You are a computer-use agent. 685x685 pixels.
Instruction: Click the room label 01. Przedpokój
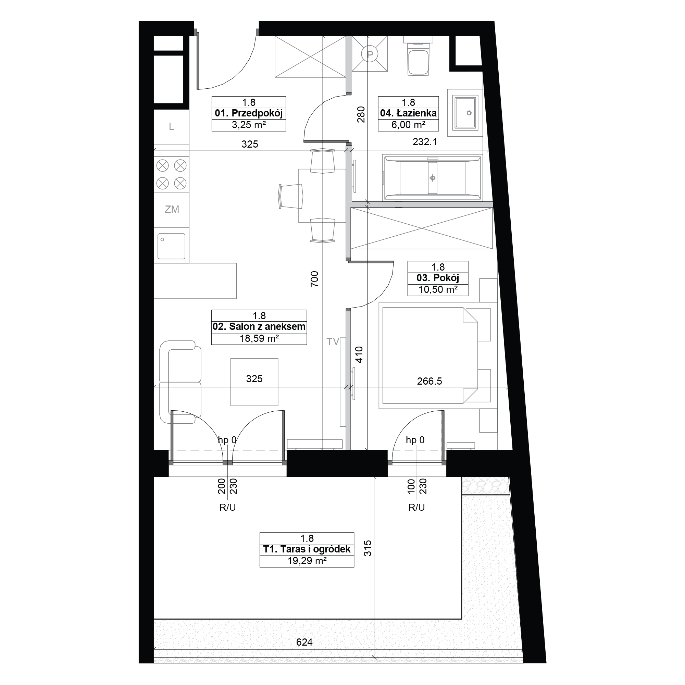pyautogui.click(x=249, y=113)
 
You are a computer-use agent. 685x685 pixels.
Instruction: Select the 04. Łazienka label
pyautogui.click(x=409, y=113)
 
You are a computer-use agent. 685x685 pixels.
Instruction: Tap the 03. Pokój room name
pyautogui.click(x=438, y=278)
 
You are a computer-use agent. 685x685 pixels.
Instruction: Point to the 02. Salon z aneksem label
pyautogui.click(x=259, y=326)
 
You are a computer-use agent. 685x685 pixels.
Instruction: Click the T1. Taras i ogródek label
pyautogui.click(x=307, y=549)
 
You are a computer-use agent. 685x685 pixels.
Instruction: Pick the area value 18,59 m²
pyautogui.click(x=259, y=338)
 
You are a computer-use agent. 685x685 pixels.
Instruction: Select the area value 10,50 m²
pyautogui.click(x=438, y=289)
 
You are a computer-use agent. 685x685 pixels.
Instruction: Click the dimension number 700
pyautogui.click(x=314, y=279)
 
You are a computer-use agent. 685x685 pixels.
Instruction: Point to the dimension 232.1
pyautogui.click(x=425, y=142)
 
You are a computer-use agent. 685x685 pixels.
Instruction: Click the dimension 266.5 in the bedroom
pyautogui.click(x=429, y=381)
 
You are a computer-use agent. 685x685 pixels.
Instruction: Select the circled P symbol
pyautogui.click(x=370, y=54)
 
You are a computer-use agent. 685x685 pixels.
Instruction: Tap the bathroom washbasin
pyautogui.click(x=465, y=113)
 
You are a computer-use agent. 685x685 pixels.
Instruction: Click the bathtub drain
pyautogui.click(x=433, y=178)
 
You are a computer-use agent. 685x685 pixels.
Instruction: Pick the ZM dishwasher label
pyautogui.click(x=172, y=209)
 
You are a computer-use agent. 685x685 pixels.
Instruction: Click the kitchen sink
pyautogui.click(x=171, y=246)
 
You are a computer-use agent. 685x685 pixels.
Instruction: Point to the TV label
pyautogui.click(x=333, y=341)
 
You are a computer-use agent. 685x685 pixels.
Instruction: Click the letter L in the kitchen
pyautogui.click(x=172, y=126)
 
